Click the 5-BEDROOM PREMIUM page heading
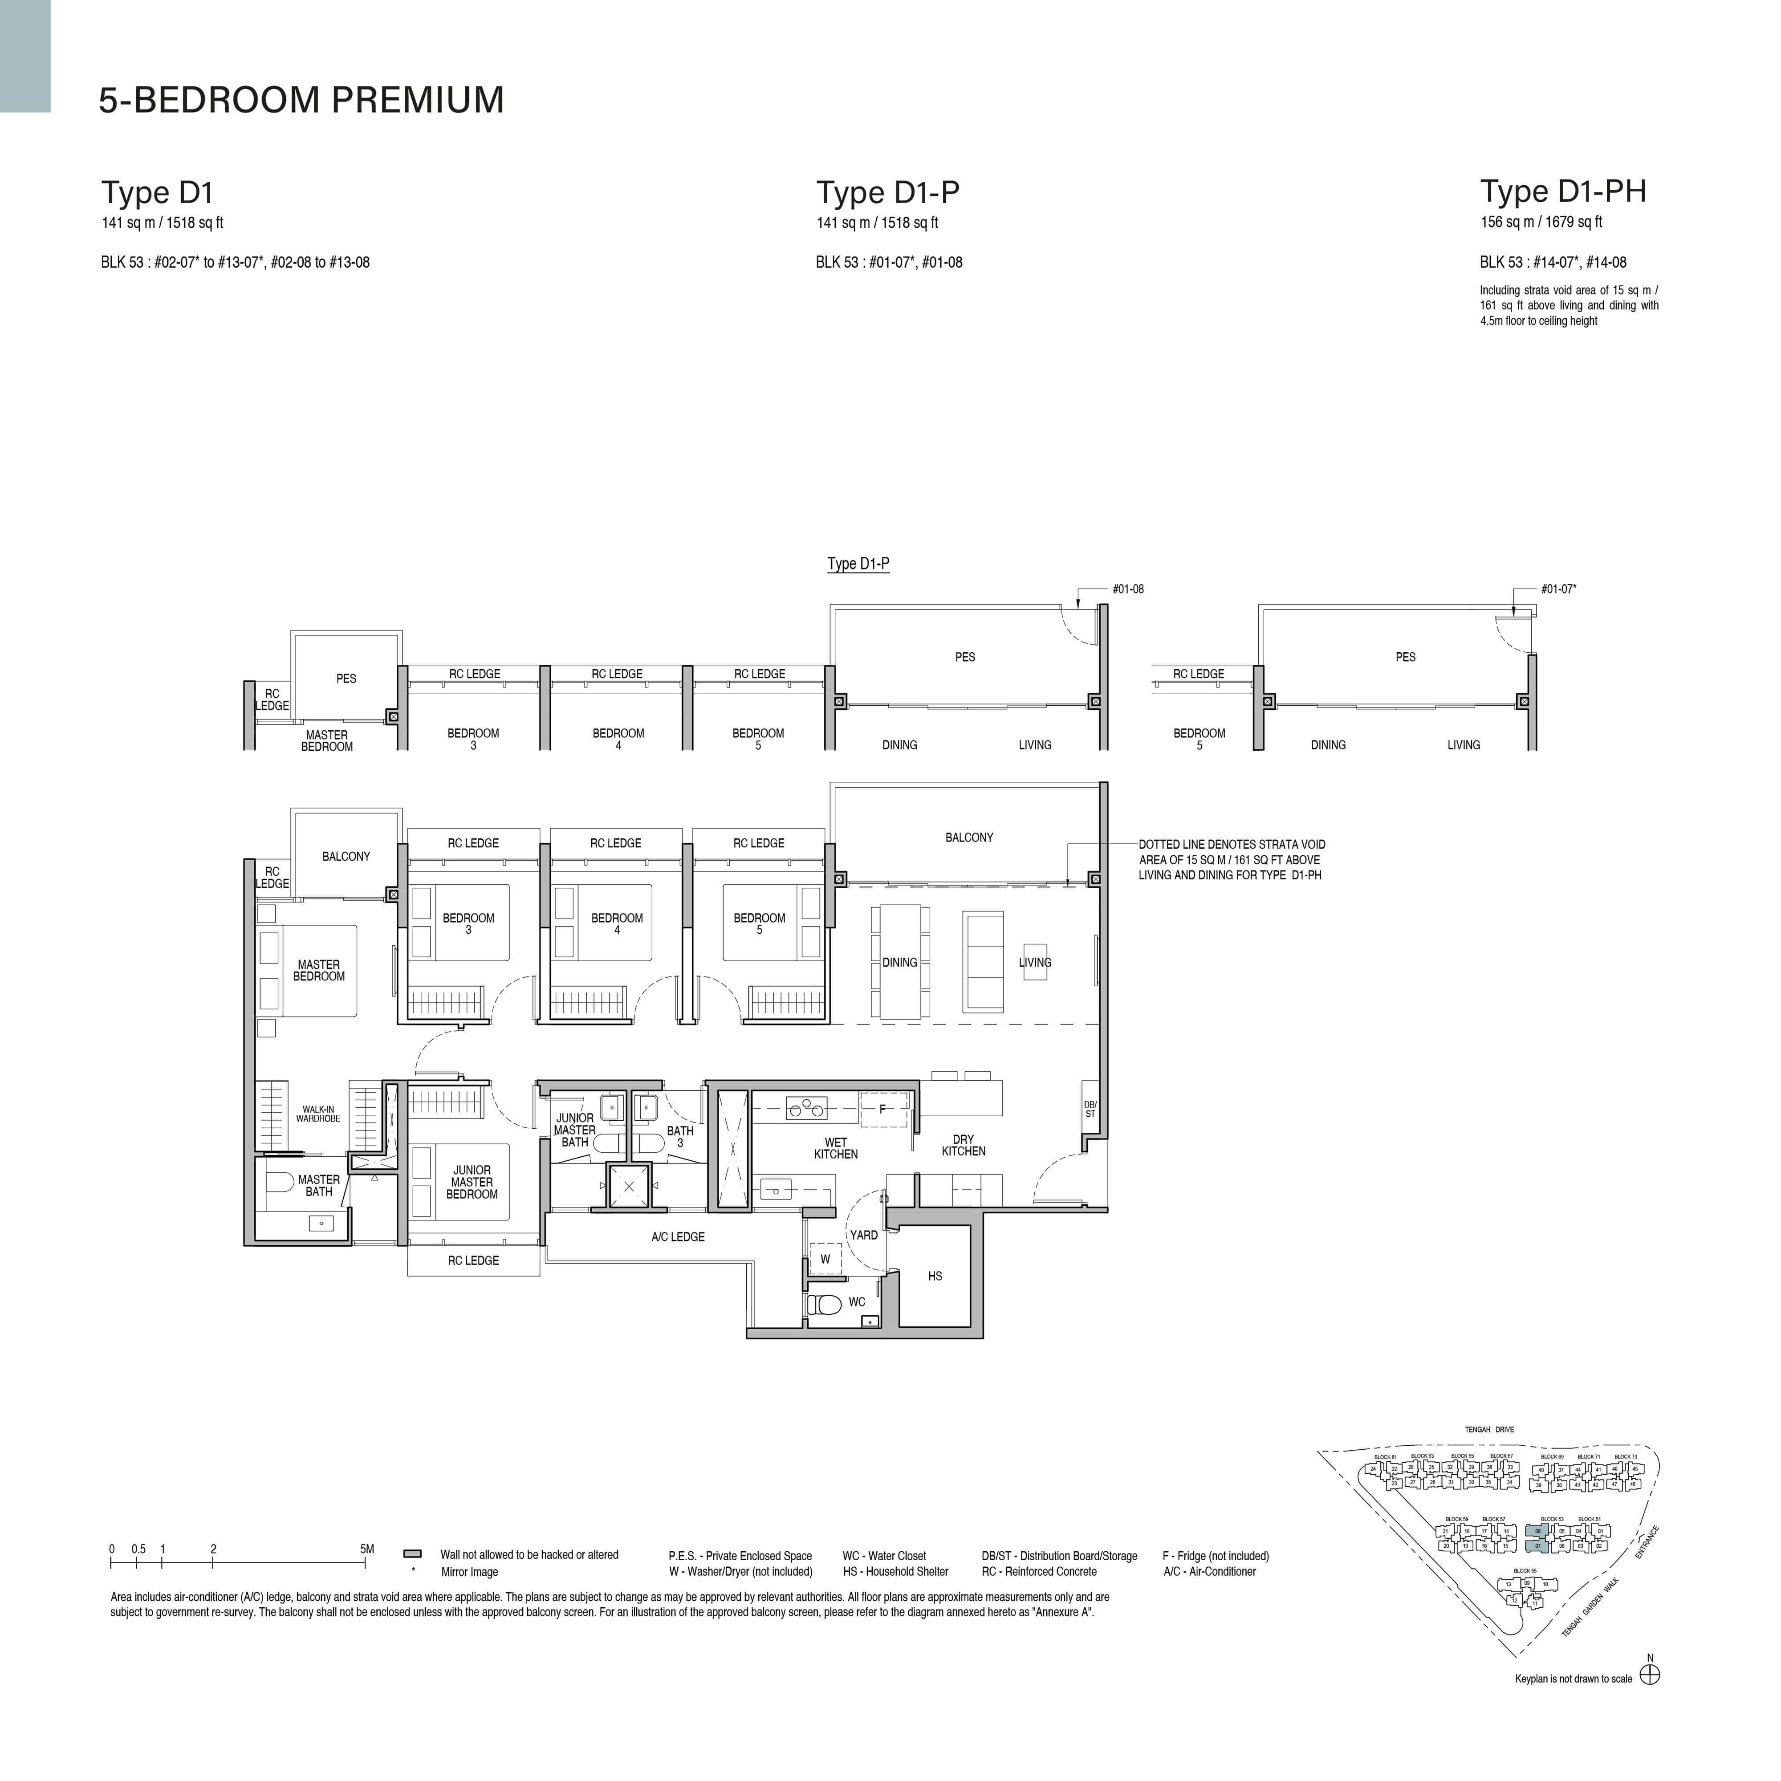coord(301,100)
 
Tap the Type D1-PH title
coord(1562,192)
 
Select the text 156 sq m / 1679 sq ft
coord(1541,222)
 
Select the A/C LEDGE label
coord(678,1237)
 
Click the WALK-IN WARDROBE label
coord(318,1114)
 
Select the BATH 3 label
coord(680,1137)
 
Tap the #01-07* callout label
coord(1558,589)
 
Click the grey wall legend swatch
coord(413,1554)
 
